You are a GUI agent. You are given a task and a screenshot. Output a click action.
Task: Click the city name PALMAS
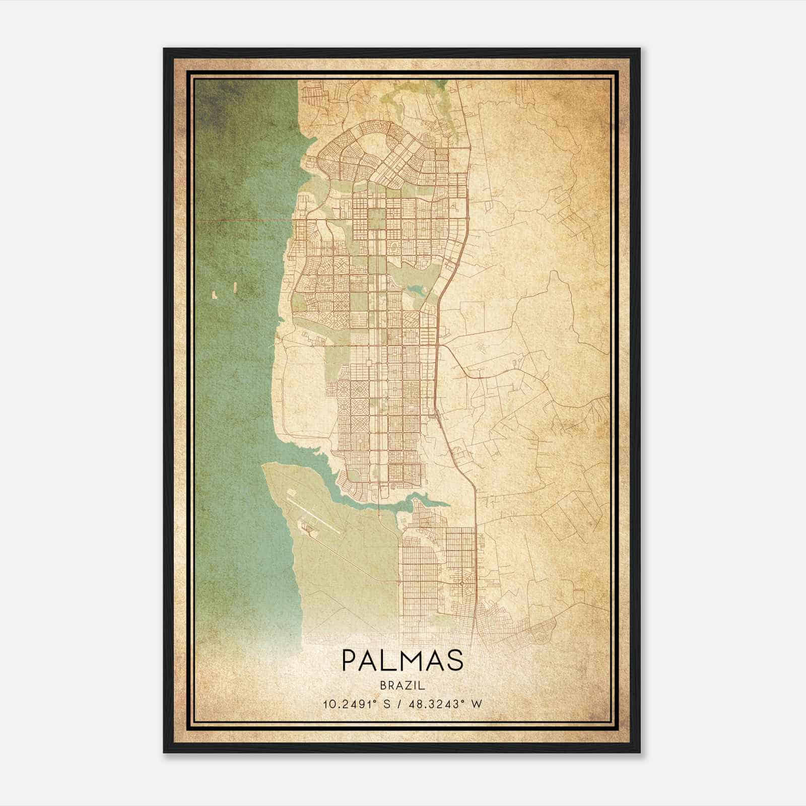pos(402,660)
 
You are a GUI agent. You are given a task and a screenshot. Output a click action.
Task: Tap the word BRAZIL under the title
pos(402,686)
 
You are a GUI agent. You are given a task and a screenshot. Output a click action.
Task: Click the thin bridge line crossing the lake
pos(242,220)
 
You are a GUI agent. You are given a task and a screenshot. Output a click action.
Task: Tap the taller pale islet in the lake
pos(234,287)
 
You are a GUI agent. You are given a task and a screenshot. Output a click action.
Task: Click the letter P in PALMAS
pos(351,660)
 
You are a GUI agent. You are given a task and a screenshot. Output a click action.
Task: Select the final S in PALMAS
pos(455,660)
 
